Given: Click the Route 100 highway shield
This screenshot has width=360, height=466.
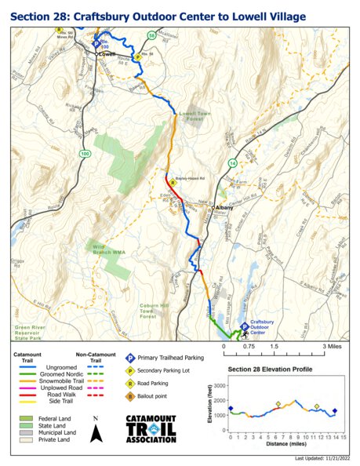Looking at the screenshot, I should [84, 154].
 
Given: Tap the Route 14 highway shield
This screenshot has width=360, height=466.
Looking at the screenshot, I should [232, 162].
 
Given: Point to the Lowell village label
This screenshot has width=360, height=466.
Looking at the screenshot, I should [107, 54].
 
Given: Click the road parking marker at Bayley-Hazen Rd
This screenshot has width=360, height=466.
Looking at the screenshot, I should [173, 182].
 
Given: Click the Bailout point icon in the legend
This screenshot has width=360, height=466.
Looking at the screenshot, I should [129, 397].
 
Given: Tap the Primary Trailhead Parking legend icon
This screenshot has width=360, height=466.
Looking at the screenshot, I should [129, 357].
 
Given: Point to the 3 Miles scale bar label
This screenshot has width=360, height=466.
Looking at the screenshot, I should [333, 345].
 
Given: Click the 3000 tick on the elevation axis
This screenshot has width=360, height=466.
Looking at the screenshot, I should [220, 386].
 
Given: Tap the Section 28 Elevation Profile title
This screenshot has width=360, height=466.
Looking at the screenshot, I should [270, 369].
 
